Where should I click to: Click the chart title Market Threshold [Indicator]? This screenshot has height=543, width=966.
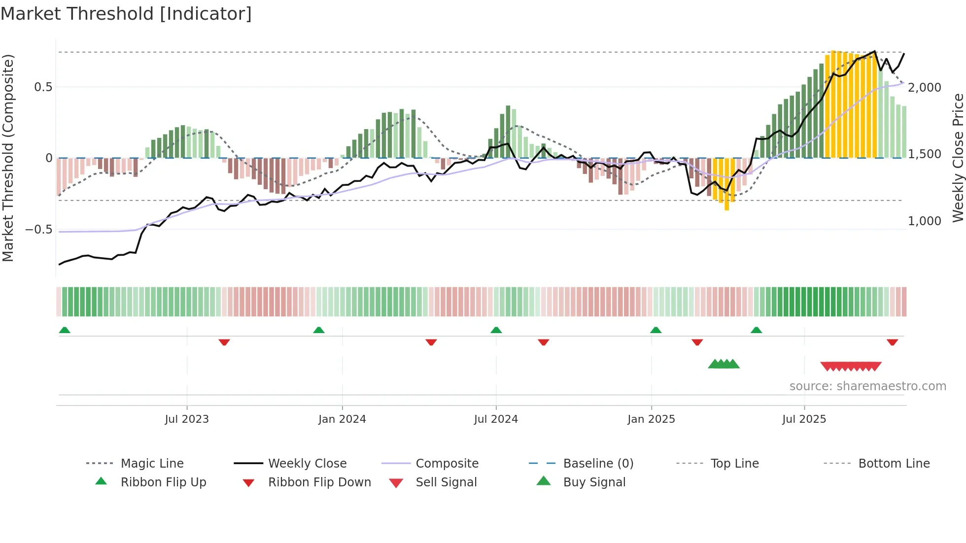126,14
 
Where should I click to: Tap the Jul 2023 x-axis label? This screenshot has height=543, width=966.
187,419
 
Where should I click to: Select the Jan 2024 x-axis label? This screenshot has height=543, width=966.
342,419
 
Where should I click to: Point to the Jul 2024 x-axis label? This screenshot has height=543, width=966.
496,419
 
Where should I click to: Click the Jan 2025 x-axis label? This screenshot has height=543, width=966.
651,419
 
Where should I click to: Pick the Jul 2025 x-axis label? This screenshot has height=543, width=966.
804,419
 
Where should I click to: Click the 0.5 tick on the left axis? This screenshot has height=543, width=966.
43,87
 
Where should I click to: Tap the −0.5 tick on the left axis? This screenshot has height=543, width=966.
38,230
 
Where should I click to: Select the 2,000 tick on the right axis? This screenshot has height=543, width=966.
925,88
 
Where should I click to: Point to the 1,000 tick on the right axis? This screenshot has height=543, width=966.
925,221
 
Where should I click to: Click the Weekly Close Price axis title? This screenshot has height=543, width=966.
958,158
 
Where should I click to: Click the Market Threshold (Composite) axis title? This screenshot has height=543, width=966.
8,158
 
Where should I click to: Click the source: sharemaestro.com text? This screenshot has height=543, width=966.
867,386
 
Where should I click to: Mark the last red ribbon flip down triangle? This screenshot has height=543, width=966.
892,342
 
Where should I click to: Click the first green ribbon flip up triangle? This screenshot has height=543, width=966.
65,330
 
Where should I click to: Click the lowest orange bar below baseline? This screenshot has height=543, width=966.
726,197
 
